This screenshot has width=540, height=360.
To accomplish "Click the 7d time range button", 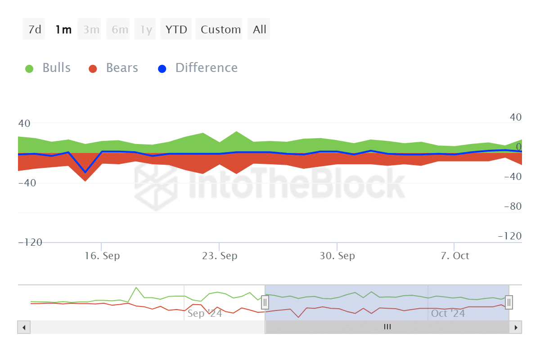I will pyautogui.click(x=34, y=30).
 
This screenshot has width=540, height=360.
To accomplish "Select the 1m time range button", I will pyautogui.click(x=63, y=30).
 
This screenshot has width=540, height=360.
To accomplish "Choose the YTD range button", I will pyautogui.click(x=176, y=30).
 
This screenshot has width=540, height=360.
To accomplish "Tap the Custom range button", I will pyautogui.click(x=220, y=30).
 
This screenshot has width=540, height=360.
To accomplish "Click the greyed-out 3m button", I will pyautogui.click(x=91, y=30).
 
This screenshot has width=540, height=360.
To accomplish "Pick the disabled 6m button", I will pyautogui.click(x=120, y=30).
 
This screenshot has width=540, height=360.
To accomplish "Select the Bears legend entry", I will pyautogui.click(x=113, y=68).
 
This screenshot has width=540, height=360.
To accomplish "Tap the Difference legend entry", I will pyautogui.click(x=198, y=68).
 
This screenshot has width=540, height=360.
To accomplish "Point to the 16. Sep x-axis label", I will pyautogui.click(x=102, y=256).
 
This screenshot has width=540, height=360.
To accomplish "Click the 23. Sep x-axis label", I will pyautogui.click(x=220, y=256).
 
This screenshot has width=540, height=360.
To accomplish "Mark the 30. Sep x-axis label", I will pyautogui.click(x=337, y=256).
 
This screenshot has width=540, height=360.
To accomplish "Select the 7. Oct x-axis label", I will pyautogui.click(x=455, y=256).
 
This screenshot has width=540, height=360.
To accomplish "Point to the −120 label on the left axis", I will pyautogui.click(x=30, y=243).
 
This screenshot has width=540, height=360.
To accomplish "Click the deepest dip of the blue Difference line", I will pyautogui.click(x=85, y=172).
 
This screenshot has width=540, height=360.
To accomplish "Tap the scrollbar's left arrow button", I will pyautogui.click(x=24, y=327).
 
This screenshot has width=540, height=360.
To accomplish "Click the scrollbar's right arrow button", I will pyautogui.click(x=516, y=327).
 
